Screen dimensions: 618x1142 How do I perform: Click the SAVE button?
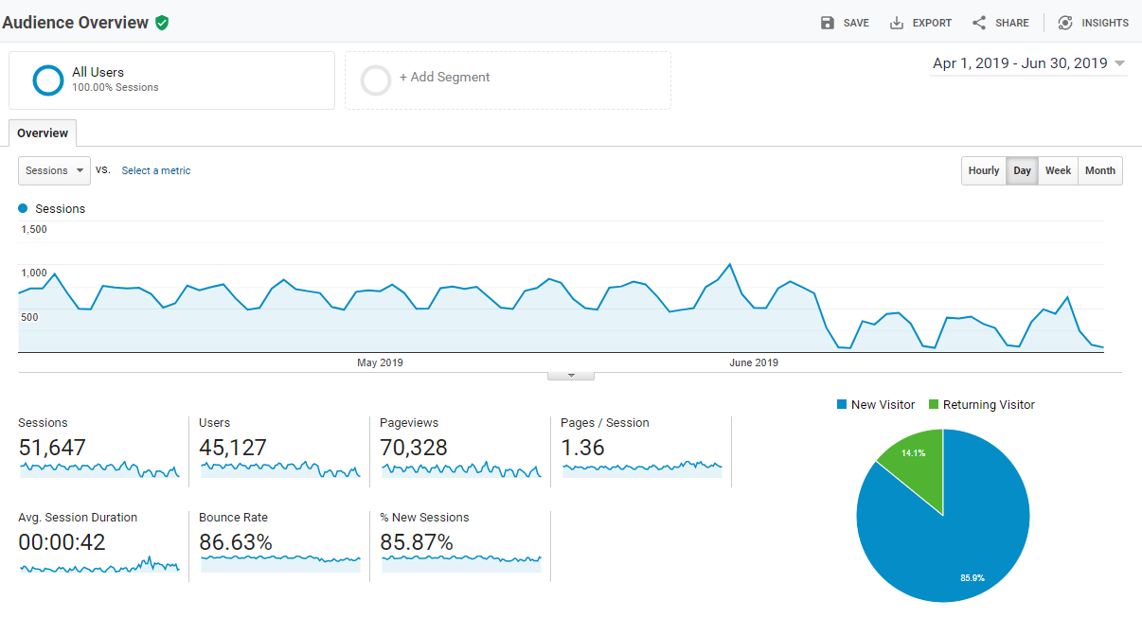[845, 23]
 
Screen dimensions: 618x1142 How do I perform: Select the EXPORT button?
[920, 23]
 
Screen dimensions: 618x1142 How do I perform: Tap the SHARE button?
[1000, 23]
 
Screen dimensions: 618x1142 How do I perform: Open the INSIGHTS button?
[1093, 23]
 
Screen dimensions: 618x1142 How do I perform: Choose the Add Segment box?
[508, 79]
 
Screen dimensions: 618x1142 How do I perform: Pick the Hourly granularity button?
[983, 171]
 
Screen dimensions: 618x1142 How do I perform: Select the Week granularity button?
[1058, 171]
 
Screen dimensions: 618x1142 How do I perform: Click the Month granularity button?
[1099, 171]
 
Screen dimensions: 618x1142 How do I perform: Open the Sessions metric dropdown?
[54, 171]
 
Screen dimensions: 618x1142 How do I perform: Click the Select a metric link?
[156, 171]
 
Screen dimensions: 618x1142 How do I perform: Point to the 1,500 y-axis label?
[34, 229]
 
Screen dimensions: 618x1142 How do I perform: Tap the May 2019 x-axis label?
[380, 362]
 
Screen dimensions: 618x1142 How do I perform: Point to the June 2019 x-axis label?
[754, 362]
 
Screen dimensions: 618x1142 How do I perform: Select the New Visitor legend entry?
[875, 405]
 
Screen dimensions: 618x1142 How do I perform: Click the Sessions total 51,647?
[52, 448]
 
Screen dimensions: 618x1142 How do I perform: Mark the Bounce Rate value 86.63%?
[236, 542]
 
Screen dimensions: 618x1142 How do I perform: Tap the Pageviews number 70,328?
[414, 448]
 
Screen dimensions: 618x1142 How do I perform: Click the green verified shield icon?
[162, 23]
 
